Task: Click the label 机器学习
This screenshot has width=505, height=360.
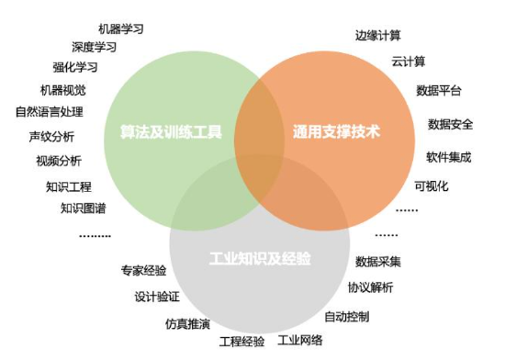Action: click(x=121, y=29)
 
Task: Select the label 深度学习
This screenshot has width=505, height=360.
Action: click(x=94, y=48)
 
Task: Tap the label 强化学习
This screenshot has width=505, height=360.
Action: click(x=75, y=67)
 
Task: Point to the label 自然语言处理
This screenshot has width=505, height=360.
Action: click(x=50, y=112)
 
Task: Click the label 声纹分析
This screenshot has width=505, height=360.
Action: click(x=51, y=137)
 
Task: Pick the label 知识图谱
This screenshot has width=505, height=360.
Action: click(x=83, y=208)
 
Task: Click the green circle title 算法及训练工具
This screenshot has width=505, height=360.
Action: click(x=171, y=131)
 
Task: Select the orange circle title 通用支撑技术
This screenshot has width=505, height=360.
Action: click(x=337, y=131)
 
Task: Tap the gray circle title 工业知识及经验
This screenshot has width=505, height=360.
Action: click(x=260, y=258)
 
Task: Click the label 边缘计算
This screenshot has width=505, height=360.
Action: click(x=378, y=36)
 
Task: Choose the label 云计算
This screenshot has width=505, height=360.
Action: click(x=409, y=62)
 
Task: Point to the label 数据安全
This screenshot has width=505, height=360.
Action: click(x=450, y=124)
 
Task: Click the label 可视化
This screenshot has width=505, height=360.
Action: click(x=432, y=186)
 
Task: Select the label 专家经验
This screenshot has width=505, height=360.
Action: click(x=143, y=271)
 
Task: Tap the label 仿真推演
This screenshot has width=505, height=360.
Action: click(x=187, y=323)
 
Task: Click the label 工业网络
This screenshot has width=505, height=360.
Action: click(x=300, y=340)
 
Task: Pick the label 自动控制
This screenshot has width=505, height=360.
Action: click(x=346, y=317)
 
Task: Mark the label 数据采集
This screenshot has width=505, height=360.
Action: click(x=378, y=262)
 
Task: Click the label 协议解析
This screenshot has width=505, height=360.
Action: click(x=370, y=287)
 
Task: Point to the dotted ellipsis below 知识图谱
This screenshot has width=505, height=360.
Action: click(x=95, y=236)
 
